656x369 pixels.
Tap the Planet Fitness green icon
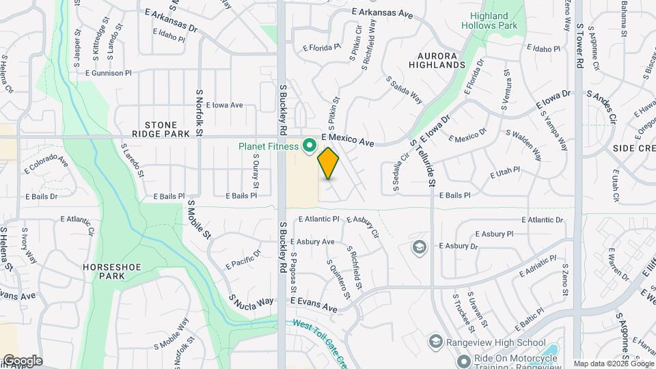309,146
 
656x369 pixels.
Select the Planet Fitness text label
268,146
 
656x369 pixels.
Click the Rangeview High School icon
435,341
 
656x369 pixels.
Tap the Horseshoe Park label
104,271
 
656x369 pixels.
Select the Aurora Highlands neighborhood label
437,59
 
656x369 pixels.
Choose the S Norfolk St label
200,111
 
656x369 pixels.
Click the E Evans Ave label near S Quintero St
314,305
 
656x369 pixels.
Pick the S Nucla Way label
251,301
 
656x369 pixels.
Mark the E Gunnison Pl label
108,73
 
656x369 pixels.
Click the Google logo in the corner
22,361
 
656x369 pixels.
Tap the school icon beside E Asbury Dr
420,246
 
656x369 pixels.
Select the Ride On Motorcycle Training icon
463,359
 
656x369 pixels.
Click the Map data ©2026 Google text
613,364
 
